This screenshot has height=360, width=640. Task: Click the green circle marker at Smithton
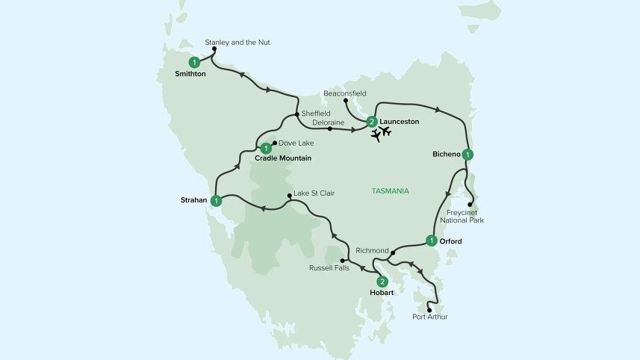(194, 62)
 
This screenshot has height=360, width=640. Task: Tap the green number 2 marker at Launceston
(371, 122)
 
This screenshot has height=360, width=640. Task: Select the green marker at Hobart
(382, 282)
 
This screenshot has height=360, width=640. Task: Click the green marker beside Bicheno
(467, 155)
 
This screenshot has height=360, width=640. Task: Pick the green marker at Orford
(431, 240)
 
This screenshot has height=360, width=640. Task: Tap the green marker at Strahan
(216, 200)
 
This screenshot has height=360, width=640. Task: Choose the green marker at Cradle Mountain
(265, 148)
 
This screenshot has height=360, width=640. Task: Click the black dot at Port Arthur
(429, 309)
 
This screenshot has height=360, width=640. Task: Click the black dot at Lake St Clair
(290, 196)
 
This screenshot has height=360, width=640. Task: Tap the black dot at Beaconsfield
(345, 101)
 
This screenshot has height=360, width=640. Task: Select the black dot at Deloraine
(329, 128)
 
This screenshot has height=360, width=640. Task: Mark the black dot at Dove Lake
(275, 142)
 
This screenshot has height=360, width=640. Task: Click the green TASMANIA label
(390, 191)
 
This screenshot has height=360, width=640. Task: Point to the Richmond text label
(373, 249)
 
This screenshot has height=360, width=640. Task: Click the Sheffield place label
(315, 114)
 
